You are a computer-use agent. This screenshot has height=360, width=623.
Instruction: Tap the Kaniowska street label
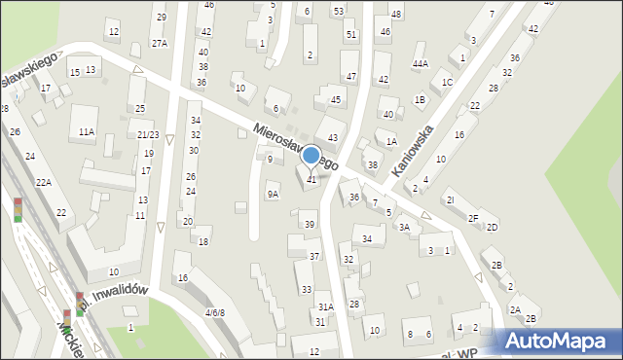click(x=411, y=141)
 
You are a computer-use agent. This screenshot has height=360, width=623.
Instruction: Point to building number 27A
click(x=160, y=43)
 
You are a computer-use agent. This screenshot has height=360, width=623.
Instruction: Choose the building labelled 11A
click(x=87, y=131)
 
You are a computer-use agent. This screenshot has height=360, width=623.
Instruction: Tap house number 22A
click(x=44, y=182)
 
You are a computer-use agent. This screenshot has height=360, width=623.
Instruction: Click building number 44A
click(x=420, y=63)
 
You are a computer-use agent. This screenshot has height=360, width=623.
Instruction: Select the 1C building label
click(x=447, y=82)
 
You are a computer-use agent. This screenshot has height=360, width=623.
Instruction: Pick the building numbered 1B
click(x=420, y=99)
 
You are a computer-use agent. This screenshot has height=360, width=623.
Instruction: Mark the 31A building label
click(x=325, y=306)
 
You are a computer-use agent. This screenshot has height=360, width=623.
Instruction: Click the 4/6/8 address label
click(x=214, y=312)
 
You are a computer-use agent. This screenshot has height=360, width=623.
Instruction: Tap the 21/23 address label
click(x=148, y=135)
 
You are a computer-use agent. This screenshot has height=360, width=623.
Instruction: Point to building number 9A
click(x=273, y=194)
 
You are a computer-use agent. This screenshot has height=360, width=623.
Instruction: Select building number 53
click(x=338, y=11)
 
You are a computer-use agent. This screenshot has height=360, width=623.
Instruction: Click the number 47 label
click(x=351, y=76)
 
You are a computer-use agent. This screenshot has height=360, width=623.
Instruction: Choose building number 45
click(x=336, y=99)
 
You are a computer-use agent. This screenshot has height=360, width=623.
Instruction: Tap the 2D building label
click(x=493, y=227)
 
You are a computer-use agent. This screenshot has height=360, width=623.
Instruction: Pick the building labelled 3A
click(x=404, y=227)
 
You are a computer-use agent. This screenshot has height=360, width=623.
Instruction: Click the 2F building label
click(x=473, y=218)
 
